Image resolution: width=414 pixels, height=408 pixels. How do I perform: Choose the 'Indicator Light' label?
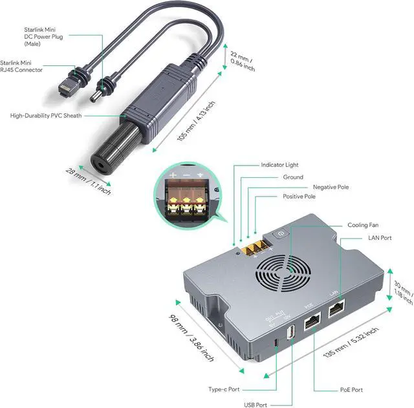tap(281, 165)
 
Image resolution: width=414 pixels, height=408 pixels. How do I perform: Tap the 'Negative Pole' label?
tap(331, 187)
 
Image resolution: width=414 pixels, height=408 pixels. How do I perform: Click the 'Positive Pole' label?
tap(300, 197)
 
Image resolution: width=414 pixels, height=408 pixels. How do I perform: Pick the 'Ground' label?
tap(292, 177)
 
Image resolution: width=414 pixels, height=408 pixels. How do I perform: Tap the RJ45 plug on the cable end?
tap(66, 87)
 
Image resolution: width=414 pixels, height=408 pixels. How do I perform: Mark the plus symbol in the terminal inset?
tap(173, 175)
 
